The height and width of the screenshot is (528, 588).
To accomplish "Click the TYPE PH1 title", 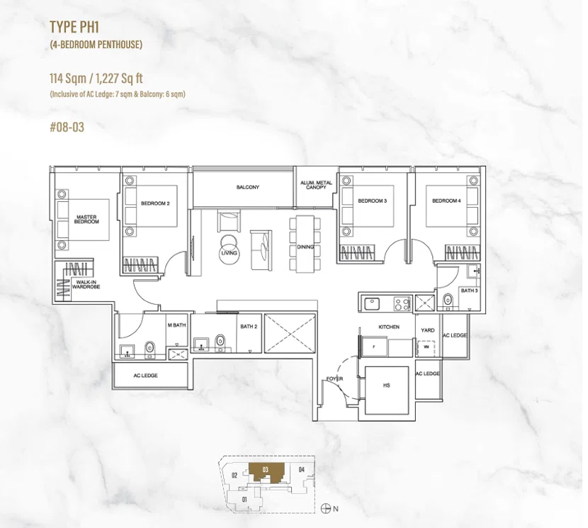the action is click(x=74, y=27).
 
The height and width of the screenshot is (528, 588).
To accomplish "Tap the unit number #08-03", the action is click(x=67, y=127).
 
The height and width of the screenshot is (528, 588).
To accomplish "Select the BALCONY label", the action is click(x=247, y=187).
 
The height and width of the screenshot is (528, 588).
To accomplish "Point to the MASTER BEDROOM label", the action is click(x=86, y=219).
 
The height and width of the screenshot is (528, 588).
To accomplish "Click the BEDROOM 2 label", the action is click(x=155, y=203).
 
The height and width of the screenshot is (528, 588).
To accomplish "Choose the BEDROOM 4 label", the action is click(x=446, y=201).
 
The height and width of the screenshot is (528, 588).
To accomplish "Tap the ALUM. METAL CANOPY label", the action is click(x=316, y=185).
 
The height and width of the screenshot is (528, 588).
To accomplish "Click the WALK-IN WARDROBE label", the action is click(x=86, y=284).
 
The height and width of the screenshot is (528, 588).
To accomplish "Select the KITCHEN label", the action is click(x=389, y=327).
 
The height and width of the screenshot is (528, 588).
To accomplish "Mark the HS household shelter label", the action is click(x=387, y=385).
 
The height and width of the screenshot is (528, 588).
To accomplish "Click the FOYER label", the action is click(x=334, y=378).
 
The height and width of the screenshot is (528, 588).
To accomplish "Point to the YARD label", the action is click(x=427, y=330).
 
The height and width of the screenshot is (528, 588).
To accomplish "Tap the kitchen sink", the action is click(x=372, y=303).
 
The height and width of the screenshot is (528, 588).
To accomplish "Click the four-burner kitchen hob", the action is click(x=402, y=303).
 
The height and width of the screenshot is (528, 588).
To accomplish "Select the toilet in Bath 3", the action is click(x=448, y=301).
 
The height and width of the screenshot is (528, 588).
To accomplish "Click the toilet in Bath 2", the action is click(x=220, y=342).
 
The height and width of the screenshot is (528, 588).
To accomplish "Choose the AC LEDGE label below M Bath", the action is click(x=145, y=375).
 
